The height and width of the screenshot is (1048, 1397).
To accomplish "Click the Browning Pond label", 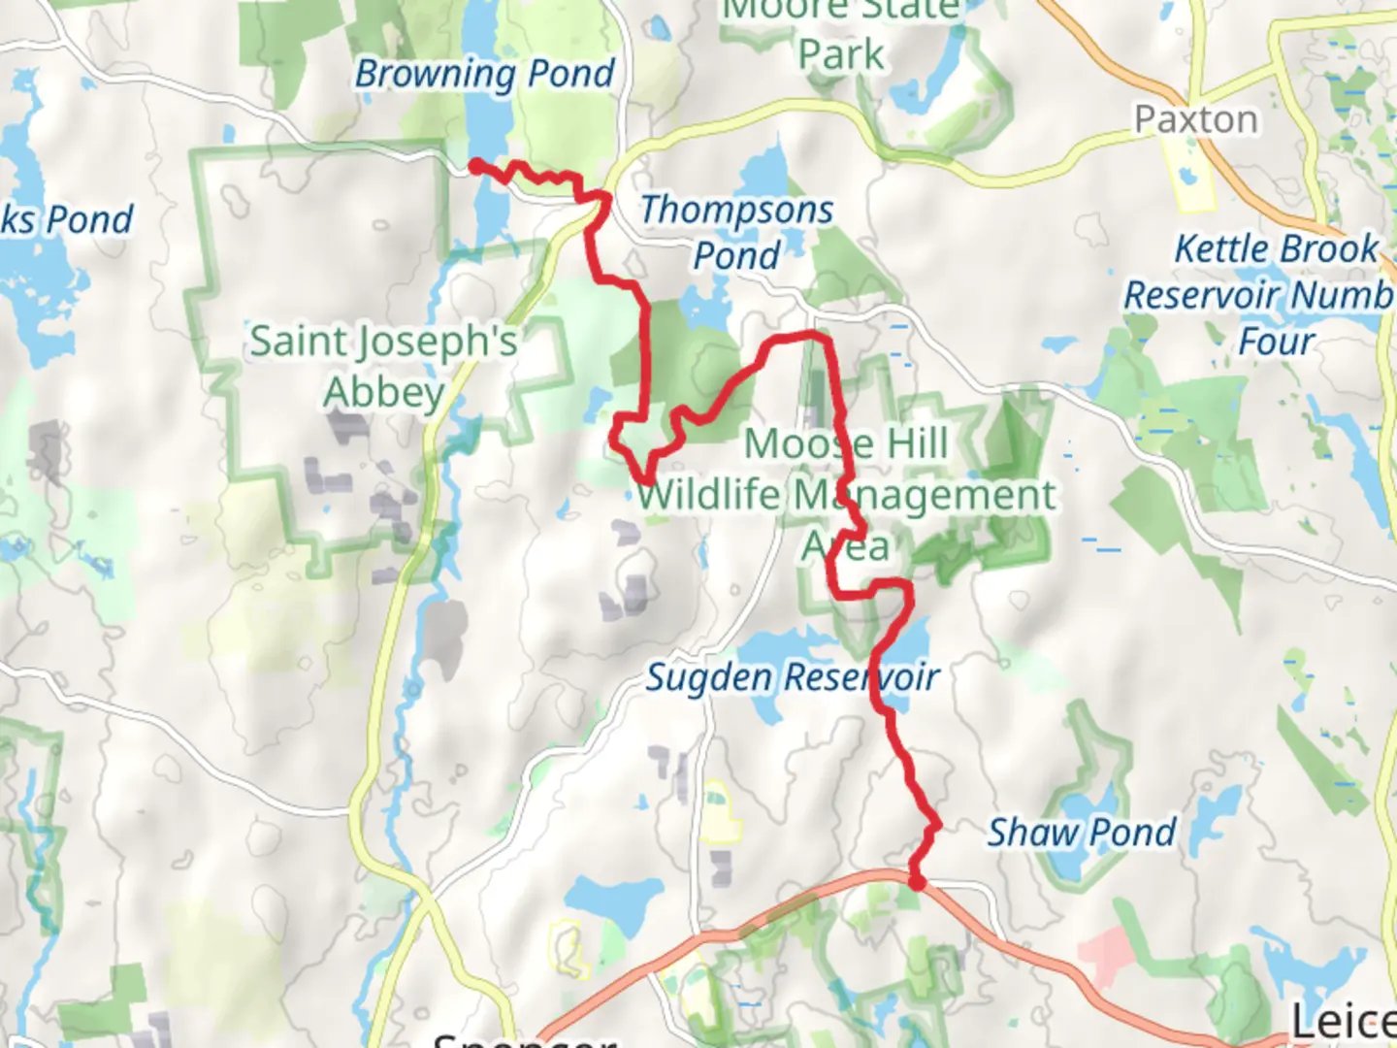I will tap(485, 74).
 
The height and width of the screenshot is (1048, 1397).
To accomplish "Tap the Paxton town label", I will tap(1196, 119).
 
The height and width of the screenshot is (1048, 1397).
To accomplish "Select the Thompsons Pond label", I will tap(736, 232).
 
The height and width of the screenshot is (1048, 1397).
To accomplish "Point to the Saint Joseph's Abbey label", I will tap(383, 366).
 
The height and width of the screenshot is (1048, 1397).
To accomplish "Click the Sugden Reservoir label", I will tap(793, 677).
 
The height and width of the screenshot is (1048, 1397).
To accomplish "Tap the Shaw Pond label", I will tap(1082, 833).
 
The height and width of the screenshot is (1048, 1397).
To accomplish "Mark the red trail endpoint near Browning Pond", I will tap(476, 166).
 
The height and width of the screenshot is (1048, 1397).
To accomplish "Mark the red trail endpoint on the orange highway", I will tap(916, 881).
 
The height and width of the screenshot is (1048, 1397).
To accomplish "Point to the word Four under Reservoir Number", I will tap(1276, 342).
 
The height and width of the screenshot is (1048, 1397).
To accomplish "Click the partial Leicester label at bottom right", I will tap(1344, 1021).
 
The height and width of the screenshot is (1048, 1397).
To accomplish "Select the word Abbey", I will tap(383, 393).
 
